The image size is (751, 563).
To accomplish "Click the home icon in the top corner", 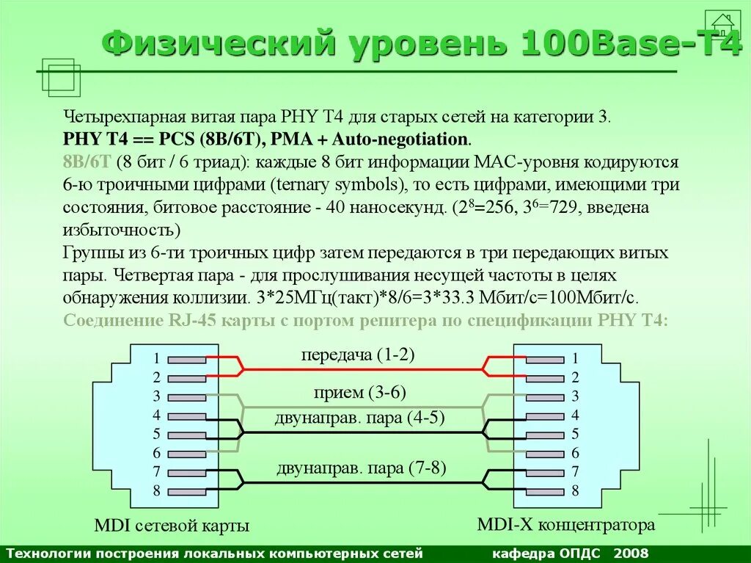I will [722, 25].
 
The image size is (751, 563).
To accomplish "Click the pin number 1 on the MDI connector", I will [156, 359].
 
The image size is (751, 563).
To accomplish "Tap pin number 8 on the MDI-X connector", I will [576, 490].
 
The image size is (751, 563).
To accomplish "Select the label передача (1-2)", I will [358, 355].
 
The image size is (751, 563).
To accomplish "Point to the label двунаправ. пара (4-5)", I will [360, 418].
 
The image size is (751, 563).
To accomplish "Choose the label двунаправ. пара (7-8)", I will [362, 468].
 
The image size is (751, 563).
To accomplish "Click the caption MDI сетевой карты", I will [172, 526].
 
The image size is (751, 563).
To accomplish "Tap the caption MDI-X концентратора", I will [565, 525].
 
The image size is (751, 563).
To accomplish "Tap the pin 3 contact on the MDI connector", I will [187, 397].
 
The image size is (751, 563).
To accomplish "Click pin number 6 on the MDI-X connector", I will [576, 453].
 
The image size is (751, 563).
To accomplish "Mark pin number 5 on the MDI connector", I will [156, 434].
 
